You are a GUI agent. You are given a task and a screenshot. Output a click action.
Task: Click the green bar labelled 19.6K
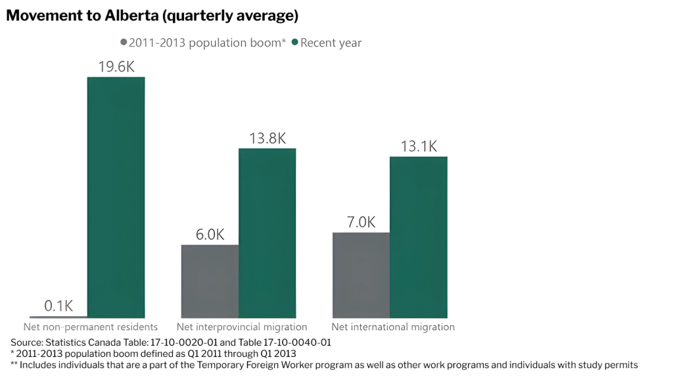(x=116, y=197)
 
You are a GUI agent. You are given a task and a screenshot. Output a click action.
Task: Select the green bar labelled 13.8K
(x=267, y=233)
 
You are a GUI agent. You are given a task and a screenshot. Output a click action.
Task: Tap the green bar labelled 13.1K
(x=418, y=237)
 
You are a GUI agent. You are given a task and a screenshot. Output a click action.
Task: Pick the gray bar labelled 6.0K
(x=210, y=282)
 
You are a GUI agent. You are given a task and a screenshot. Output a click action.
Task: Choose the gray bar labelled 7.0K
(x=361, y=275)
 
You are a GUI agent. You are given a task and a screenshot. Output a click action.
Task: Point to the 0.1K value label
(x=58, y=306)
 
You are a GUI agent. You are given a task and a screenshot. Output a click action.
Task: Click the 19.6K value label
(x=116, y=67)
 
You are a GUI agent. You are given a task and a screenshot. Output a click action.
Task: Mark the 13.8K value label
(x=267, y=138)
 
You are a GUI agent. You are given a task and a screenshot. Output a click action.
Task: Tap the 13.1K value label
(x=419, y=146)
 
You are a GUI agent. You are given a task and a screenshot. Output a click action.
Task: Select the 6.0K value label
(x=210, y=234)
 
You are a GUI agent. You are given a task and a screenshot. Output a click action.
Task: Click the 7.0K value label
(x=361, y=222)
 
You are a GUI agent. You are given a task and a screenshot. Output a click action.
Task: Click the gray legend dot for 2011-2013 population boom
(x=124, y=43)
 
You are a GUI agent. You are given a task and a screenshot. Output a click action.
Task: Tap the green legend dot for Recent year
(x=295, y=43)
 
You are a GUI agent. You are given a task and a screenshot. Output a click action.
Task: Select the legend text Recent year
(x=331, y=43)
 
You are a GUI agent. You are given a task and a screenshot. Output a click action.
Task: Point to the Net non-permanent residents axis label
(x=91, y=327)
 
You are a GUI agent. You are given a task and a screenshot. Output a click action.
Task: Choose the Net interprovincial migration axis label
(x=242, y=327)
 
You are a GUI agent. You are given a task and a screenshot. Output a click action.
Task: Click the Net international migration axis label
(x=393, y=327)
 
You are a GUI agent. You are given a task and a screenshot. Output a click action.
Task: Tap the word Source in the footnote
(x=26, y=343)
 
